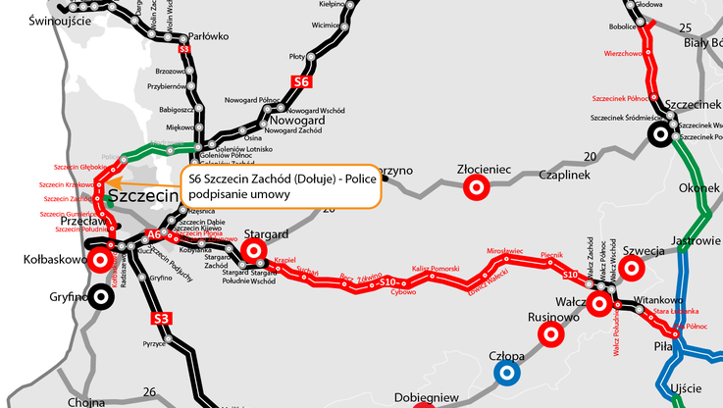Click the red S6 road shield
(301, 82)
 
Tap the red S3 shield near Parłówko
(184, 47)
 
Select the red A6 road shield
(153, 235)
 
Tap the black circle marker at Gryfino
(99, 299)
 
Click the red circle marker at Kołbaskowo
(99, 261)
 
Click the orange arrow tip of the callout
(105, 182)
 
